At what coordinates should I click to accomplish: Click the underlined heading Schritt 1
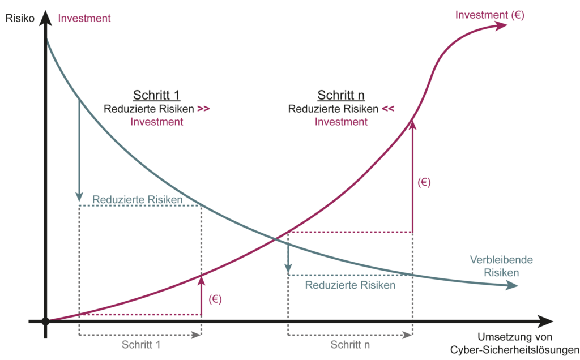(156, 95)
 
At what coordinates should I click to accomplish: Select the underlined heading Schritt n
(341, 95)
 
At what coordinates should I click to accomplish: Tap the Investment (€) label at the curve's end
(490, 16)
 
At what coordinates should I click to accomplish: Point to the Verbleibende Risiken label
(493, 266)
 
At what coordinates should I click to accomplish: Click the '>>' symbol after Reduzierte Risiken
(204, 109)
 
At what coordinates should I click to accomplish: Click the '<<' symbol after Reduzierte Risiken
(388, 109)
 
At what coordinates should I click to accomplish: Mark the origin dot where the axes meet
(45, 322)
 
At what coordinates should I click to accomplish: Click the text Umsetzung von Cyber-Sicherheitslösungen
(515, 342)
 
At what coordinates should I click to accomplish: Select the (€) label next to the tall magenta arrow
(424, 183)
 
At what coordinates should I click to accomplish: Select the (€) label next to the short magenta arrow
(215, 299)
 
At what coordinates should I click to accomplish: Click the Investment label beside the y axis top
(84, 18)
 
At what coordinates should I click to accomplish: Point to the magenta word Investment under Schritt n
(341, 122)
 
